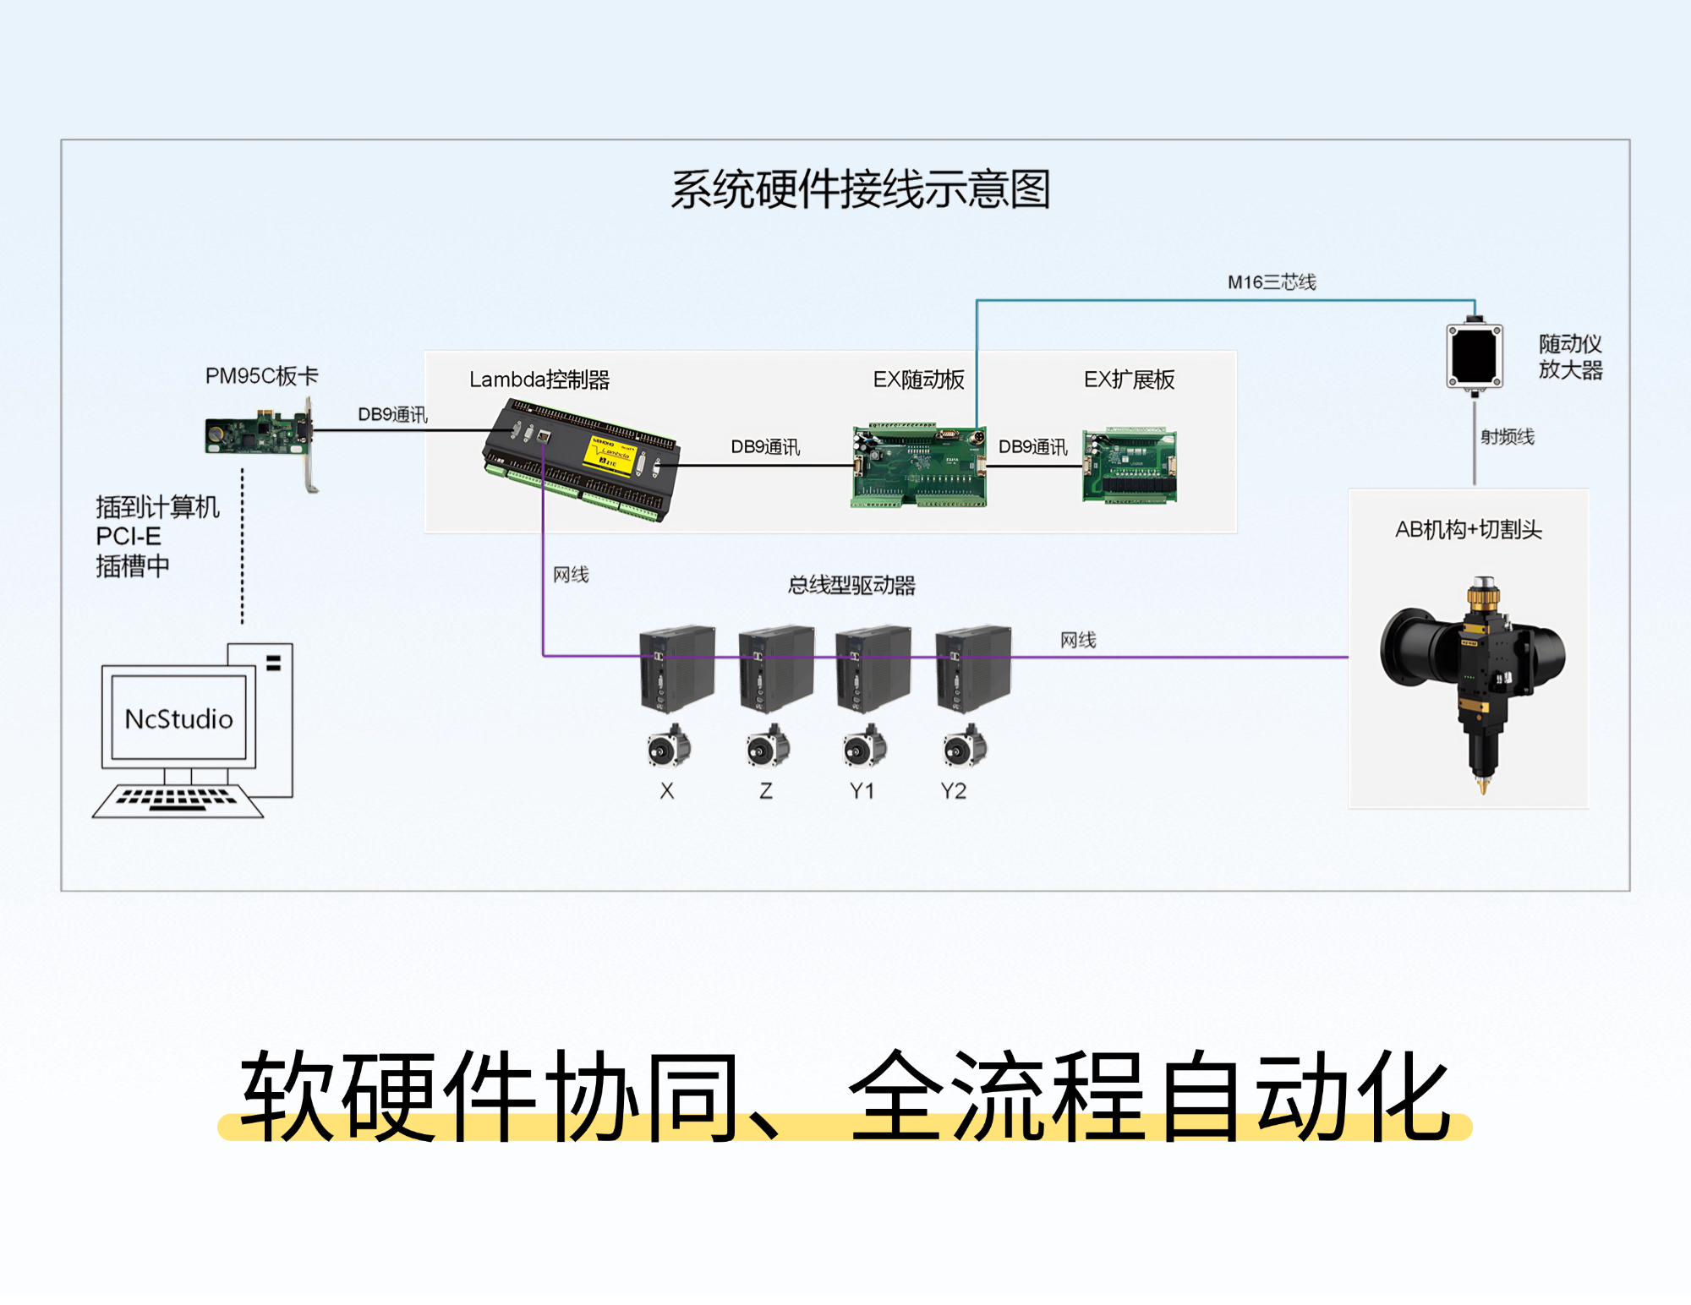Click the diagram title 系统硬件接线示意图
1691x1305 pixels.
coord(860,189)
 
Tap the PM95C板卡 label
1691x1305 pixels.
coord(261,376)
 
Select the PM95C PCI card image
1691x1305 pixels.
coord(258,434)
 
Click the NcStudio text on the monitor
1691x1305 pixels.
coord(178,719)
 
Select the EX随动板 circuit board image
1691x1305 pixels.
coord(919,466)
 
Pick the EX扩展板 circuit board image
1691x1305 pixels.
coord(1130,466)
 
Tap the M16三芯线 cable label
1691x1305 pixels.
coord(1272,282)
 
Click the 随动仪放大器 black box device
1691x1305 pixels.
coord(1474,356)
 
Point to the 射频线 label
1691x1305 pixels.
coord(1507,437)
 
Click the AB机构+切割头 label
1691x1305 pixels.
coord(1469,530)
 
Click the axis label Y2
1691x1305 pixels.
coord(953,791)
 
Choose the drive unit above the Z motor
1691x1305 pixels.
coord(775,669)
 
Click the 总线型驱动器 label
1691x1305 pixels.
coord(851,586)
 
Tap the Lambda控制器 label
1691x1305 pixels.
coord(539,380)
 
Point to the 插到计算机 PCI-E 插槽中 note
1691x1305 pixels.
coord(157,537)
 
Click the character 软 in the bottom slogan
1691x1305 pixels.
coord(287,1095)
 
